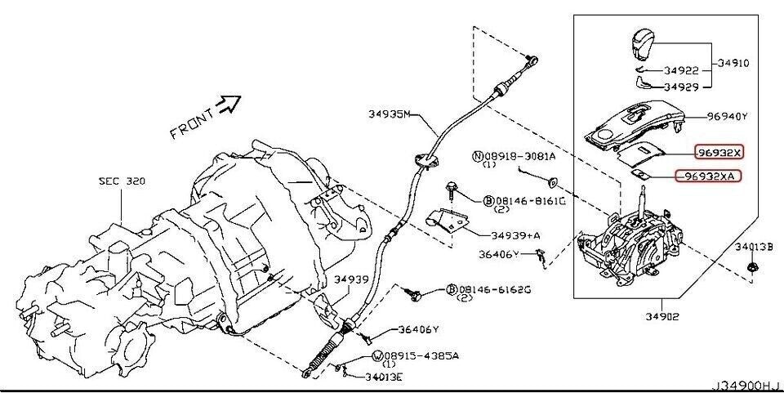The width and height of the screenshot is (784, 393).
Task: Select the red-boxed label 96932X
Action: (719, 152)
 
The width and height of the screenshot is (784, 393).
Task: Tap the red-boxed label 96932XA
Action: (706, 176)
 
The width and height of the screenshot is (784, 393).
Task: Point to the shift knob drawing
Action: (645, 43)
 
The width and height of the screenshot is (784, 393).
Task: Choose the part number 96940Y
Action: (727, 116)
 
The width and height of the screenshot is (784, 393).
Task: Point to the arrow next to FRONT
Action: (231, 102)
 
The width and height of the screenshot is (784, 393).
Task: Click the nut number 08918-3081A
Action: (520, 155)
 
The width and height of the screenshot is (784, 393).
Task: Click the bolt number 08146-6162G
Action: (500, 289)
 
